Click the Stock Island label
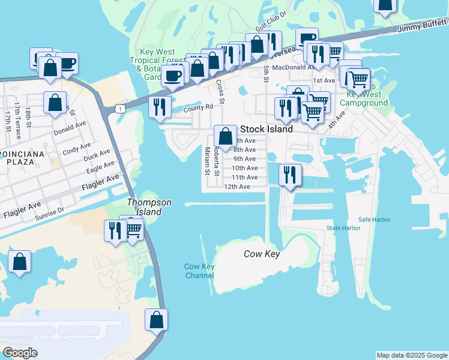[x=266, y=129]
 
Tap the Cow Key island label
[x=262, y=254]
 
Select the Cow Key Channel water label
[x=199, y=271]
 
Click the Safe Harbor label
[x=375, y=220]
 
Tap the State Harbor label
[x=343, y=228]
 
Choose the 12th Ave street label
[x=237, y=187]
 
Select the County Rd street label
[x=198, y=107]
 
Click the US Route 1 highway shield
[x=121, y=109]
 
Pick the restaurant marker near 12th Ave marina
[x=290, y=175]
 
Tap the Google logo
[x=20, y=353]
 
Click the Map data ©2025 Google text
[x=412, y=355]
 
